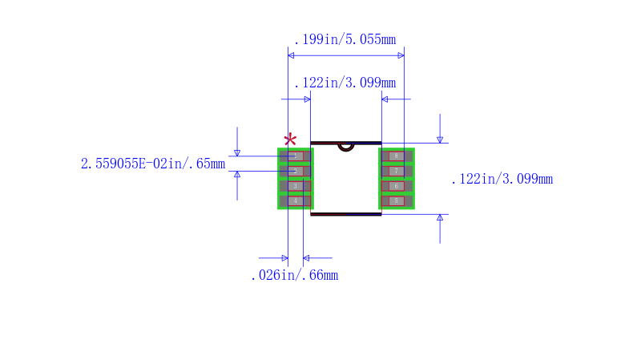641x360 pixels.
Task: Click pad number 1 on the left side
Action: point(296,156)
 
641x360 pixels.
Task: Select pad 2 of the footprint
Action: point(296,171)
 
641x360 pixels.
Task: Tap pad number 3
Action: point(296,186)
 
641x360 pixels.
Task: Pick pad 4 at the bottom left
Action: point(296,200)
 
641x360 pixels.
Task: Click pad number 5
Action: point(396,200)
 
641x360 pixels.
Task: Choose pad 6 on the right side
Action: point(396,186)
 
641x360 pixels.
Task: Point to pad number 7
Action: point(396,171)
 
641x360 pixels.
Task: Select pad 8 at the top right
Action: point(396,156)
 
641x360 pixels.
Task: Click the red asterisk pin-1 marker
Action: point(290,139)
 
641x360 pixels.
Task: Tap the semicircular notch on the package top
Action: point(345,146)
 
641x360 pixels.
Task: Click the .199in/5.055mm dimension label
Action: point(345,39)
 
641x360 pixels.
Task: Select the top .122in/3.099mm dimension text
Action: point(345,83)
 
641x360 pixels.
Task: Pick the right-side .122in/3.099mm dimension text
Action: point(502,179)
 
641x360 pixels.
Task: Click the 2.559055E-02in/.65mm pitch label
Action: point(152,164)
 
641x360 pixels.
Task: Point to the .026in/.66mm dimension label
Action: point(294,275)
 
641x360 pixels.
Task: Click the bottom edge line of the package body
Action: point(345,214)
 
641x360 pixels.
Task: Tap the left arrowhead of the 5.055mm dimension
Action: point(291,55)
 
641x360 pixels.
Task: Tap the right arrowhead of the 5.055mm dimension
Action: point(401,55)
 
